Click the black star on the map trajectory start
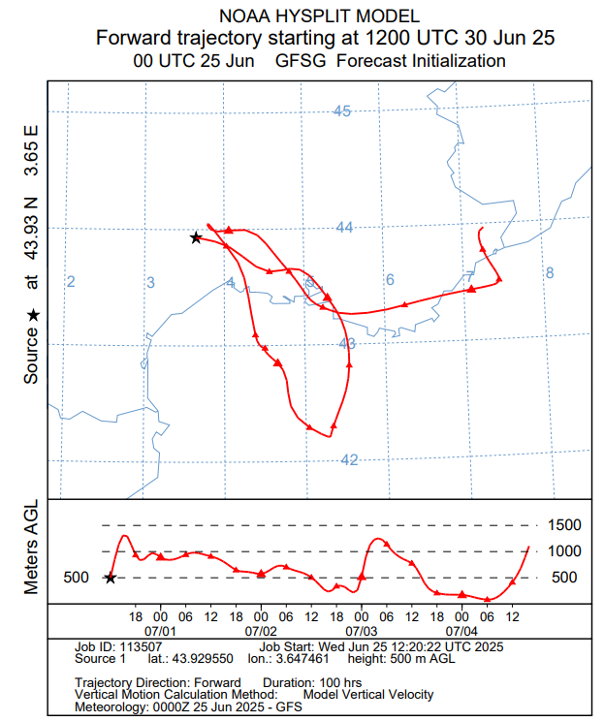(x=196, y=237)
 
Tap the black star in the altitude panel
(x=110, y=578)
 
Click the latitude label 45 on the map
(x=341, y=110)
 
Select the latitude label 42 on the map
(x=350, y=459)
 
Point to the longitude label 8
(x=549, y=273)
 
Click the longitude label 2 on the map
(x=71, y=281)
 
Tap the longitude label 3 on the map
(x=151, y=282)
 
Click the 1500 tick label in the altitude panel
(x=564, y=525)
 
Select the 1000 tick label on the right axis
(x=564, y=551)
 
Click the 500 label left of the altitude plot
(x=76, y=578)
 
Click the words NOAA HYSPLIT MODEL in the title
(x=320, y=16)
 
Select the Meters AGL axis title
(x=30, y=548)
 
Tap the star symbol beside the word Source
(x=32, y=315)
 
